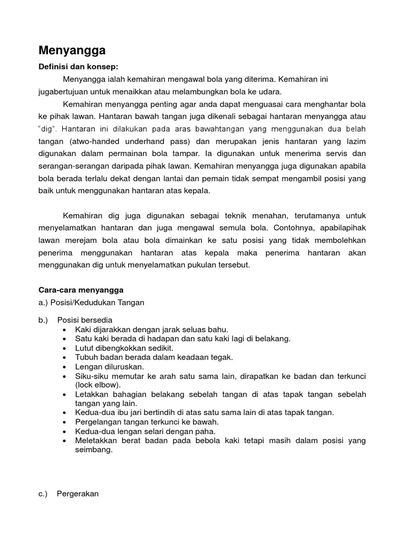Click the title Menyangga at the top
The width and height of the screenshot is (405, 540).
click(72, 51)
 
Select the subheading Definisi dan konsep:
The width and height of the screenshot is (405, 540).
click(79, 67)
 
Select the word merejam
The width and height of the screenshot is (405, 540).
click(75, 240)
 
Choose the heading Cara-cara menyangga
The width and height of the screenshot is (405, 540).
click(81, 290)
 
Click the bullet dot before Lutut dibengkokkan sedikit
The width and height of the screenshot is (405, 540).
click(64, 348)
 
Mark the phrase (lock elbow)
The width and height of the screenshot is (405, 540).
click(98, 384)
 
